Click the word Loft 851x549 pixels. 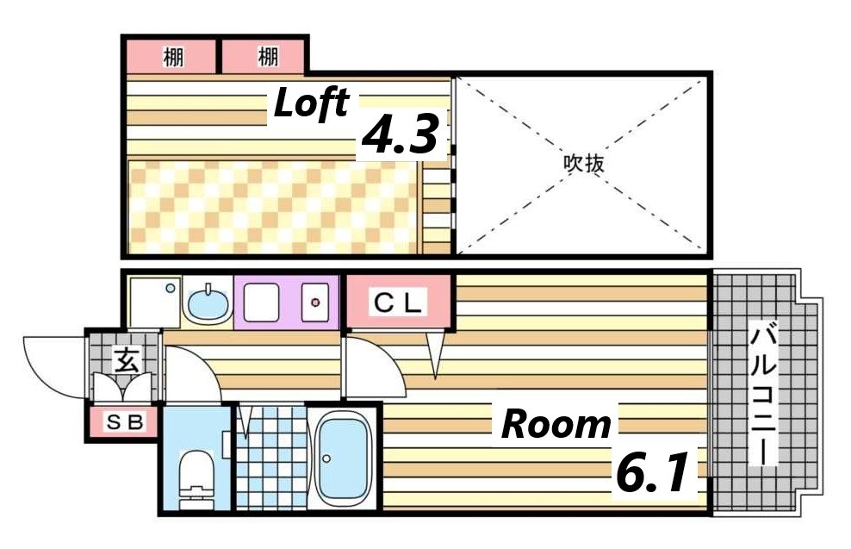[311, 104]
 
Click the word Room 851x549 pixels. [556, 424]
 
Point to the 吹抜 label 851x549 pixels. [582, 164]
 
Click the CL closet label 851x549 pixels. [398, 303]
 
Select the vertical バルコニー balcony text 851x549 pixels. [763, 392]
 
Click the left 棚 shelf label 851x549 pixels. [172, 58]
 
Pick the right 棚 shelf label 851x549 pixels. [267, 58]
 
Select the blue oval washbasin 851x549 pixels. [207, 303]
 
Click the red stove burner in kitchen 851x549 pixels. [315, 303]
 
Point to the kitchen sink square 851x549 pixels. [261, 303]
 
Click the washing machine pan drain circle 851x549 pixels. [171, 288]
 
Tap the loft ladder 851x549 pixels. [438, 203]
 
